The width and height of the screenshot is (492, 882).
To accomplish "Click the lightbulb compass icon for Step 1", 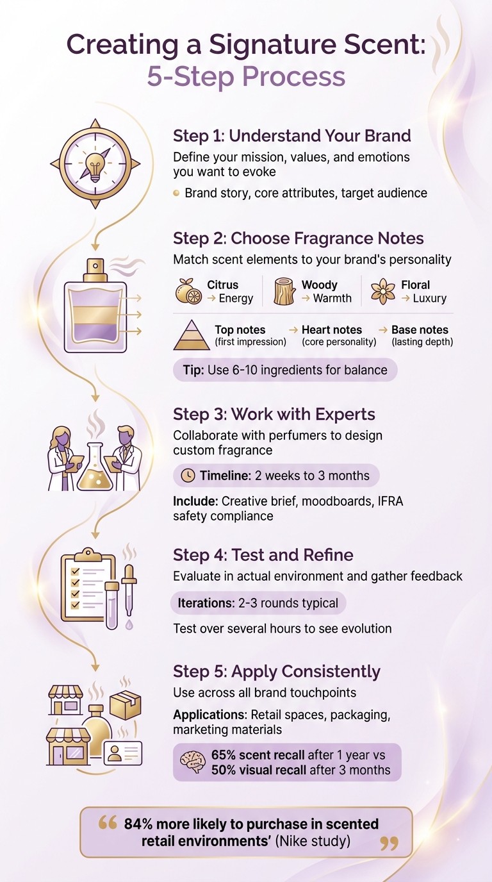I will (x=95, y=163).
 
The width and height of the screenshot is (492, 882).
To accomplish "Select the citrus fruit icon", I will (x=188, y=292).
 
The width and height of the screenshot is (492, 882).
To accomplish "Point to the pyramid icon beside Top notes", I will (x=192, y=335).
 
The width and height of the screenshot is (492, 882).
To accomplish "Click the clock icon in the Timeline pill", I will (x=188, y=476).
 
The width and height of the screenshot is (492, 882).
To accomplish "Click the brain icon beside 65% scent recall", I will (x=192, y=762).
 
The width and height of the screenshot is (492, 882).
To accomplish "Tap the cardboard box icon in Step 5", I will (x=126, y=704).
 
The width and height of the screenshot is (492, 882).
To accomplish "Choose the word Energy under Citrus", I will (x=236, y=299).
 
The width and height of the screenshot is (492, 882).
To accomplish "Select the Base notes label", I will (x=420, y=329).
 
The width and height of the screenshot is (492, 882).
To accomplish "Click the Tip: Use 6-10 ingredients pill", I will (x=285, y=370).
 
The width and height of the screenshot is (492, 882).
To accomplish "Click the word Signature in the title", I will (x=267, y=46).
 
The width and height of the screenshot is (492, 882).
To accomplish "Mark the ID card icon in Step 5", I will (x=123, y=753).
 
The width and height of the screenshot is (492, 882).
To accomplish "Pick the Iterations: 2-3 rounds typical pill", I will (x=259, y=603).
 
